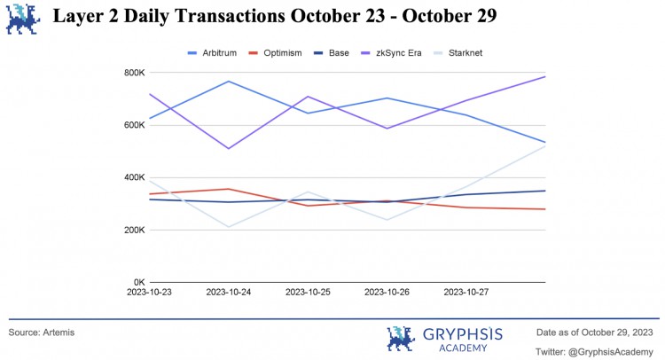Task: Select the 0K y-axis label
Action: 138,282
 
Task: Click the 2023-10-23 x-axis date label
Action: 150,292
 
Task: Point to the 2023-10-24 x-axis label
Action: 229,292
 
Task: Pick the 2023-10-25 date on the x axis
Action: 308,292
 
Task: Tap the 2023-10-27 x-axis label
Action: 466,292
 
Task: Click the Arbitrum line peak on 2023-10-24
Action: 229,82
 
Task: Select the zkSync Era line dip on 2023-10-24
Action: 229,148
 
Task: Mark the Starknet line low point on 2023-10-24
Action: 229,227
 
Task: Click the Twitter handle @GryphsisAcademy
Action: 595,350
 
